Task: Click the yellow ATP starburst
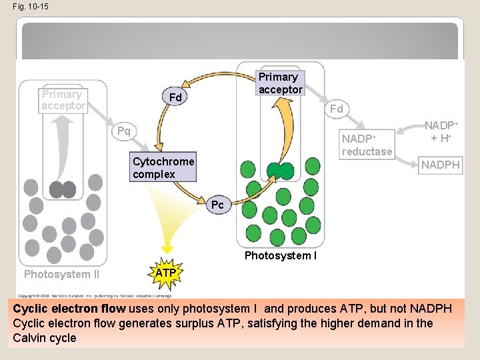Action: click(165, 274)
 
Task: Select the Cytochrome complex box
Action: click(163, 168)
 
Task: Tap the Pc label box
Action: click(217, 205)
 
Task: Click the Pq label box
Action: click(123, 130)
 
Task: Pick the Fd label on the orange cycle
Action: click(175, 98)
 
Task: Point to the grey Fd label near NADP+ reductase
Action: click(337, 109)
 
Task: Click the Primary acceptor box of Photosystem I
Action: click(280, 83)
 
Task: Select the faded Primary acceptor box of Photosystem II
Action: click(63, 100)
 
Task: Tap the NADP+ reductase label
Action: click(366, 145)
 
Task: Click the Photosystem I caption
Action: click(280, 255)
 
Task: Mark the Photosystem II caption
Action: click(61, 274)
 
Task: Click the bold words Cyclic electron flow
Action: click(69, 309)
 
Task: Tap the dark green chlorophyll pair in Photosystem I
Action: click(281, 171)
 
